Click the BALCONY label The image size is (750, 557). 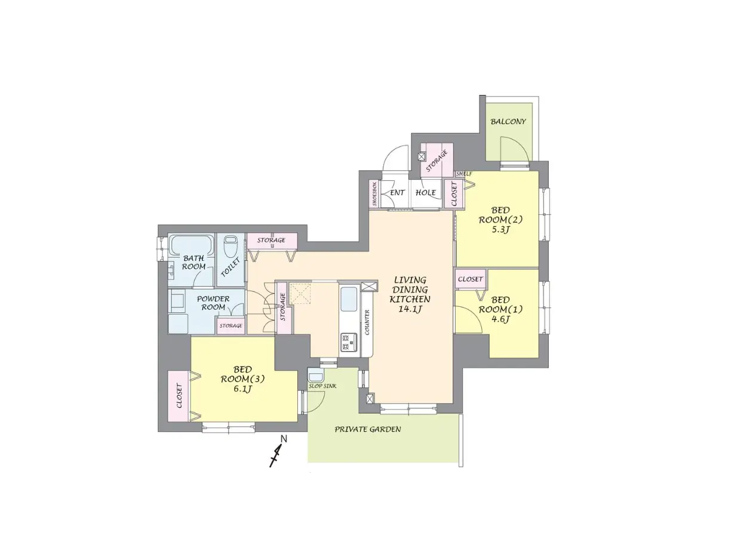[508, 121]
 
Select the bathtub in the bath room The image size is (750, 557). [192, 245]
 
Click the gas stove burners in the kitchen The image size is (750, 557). [348, 342]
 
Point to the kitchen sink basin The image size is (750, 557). [349, 299]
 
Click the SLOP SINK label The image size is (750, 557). [322, 386]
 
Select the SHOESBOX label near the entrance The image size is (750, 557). [374, 194]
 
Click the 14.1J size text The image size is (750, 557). [410, 309]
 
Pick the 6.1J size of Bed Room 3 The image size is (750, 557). [242, 389]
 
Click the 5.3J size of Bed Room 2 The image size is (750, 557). [500, 229]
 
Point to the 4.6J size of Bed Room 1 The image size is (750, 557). [500, 319]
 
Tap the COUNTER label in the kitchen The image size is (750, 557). [367, 322]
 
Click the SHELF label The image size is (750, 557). [463, 174]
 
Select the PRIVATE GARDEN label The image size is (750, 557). [368, 429]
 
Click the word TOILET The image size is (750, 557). [230, 267]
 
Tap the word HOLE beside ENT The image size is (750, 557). [425, 193]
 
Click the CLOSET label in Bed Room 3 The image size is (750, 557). [179, 396]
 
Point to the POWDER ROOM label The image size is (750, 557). [213, 303]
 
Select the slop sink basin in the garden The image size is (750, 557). [316, 376]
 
